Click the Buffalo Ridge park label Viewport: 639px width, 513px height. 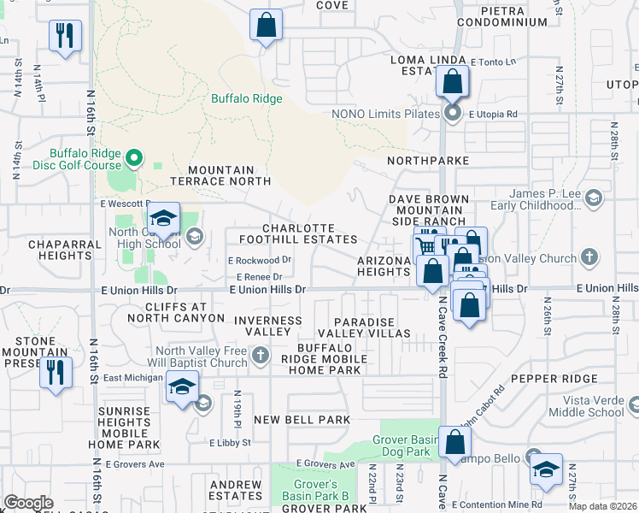coord(247,98)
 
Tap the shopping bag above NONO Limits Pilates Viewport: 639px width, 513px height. coord(452,83)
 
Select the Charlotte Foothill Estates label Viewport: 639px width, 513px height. coord(309,233)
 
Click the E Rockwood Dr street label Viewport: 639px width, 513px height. coord(260,260)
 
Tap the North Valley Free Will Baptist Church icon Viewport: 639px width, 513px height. coord(261,354)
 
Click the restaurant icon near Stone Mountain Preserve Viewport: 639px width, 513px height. coord(56,372)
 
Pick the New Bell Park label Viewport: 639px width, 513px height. coord(302,420)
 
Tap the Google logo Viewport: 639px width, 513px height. coord(28,503)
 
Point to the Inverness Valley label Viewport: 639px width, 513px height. coord(268,326)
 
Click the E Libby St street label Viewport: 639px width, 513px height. coord(231,442)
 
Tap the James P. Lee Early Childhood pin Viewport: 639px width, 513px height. coord(595,198)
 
